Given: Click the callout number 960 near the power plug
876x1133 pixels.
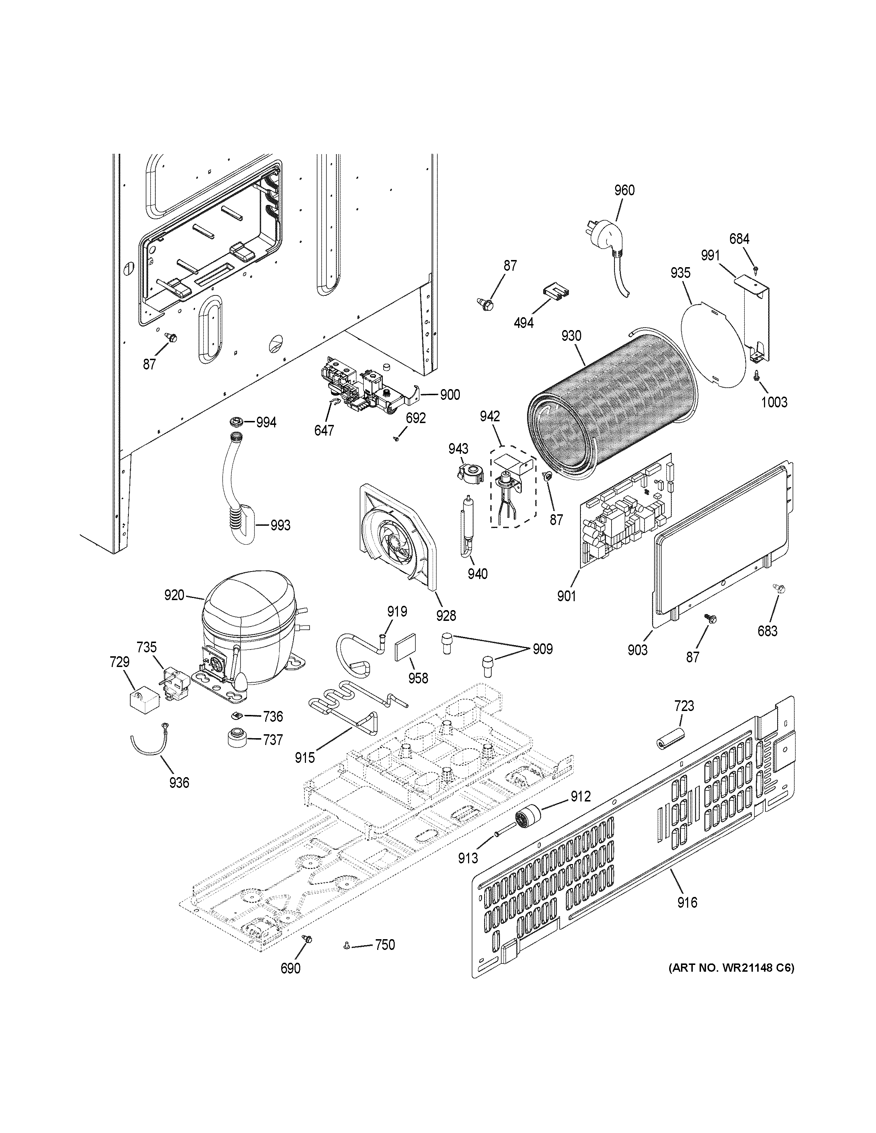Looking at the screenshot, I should tap(624, 190).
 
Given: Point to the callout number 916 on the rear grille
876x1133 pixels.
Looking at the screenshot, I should tap(687, 903).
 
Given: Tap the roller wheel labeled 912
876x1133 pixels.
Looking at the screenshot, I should tap(526, 819).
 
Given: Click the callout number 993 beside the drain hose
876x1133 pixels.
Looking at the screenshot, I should tap(280, 525).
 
